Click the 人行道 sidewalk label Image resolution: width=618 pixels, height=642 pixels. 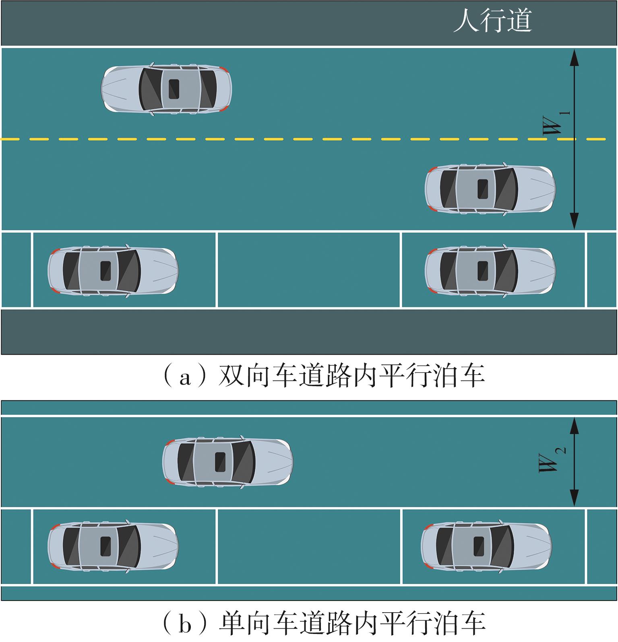[492, 21]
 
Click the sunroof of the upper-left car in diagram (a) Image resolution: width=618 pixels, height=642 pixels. [174, 88]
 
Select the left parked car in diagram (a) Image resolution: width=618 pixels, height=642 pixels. [113, 270]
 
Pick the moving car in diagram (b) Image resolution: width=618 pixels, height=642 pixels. [227, 461]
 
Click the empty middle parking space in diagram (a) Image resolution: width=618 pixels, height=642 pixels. [309, 270]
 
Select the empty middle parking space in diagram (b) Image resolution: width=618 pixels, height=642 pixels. [309, 546]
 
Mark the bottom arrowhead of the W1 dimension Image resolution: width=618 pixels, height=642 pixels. [575, 221]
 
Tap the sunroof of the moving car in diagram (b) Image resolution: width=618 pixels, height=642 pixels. [220, 461]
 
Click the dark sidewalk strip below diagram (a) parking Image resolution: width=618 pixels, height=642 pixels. [309, 332]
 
